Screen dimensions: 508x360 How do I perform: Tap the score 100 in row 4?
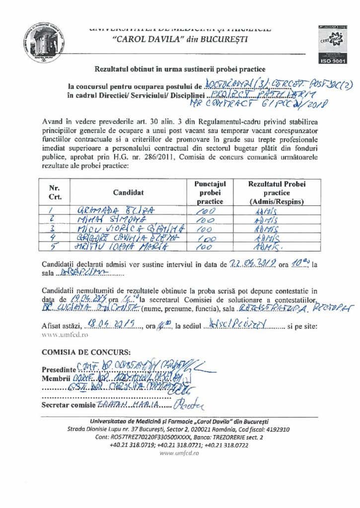[208, 238]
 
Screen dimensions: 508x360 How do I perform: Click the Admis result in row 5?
[271, 247]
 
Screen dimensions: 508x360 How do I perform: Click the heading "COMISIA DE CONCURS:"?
[86, 353]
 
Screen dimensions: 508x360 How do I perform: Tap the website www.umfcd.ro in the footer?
[180, 453]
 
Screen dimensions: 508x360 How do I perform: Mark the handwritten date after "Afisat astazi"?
[105, 312]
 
